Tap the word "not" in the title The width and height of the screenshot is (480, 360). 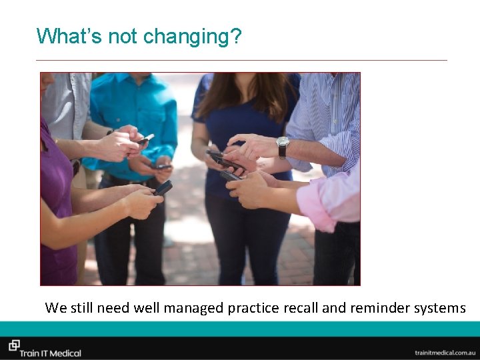tap(122, 36)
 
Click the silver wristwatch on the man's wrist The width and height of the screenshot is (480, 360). tap(283, 147)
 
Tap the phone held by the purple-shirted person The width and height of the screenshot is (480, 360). tap(162, 188)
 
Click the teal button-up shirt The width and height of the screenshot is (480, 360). tap(137, 113)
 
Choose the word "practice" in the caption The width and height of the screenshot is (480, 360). tap(253, 308)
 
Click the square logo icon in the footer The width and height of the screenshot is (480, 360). tap(13, 345)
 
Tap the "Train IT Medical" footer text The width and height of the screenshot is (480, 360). tap(50, 353)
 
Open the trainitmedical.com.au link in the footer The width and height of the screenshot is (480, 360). tap(445, 352)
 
